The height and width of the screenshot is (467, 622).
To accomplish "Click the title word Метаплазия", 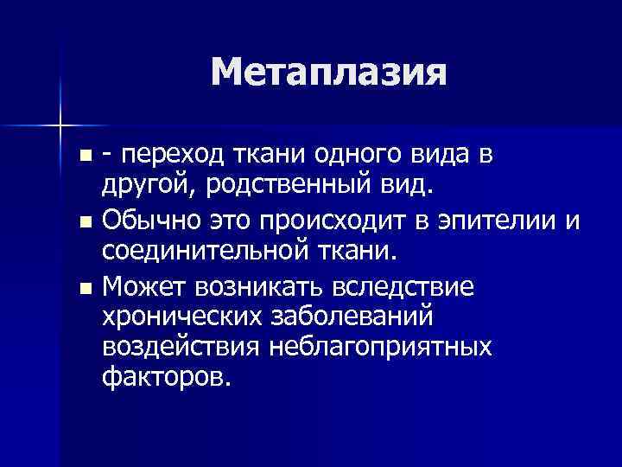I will [328, 73].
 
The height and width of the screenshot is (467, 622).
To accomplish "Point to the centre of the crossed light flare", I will [60, 127].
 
